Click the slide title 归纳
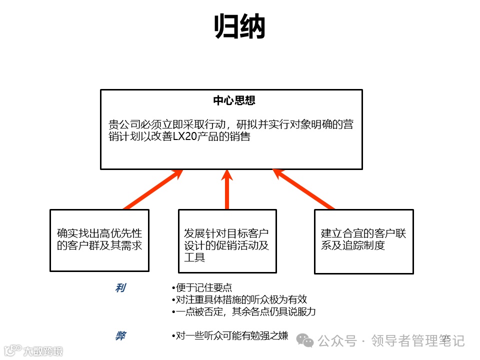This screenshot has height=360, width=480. pos(239,27)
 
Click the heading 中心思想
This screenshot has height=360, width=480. pos(234,100)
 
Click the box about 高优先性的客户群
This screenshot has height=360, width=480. pos(99,240)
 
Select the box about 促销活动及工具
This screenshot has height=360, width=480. pos(227,240)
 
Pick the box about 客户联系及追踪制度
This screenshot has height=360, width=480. pos(363,241)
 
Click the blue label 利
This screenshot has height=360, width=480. pos(120,288)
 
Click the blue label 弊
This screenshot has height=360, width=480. pos(120,336)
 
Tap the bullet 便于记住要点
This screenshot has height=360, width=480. pos(201,288)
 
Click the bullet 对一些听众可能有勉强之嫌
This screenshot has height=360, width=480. pos(229,336)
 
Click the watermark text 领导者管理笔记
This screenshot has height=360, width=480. pos(417,341)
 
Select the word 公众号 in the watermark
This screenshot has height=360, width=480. pos(337,341)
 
